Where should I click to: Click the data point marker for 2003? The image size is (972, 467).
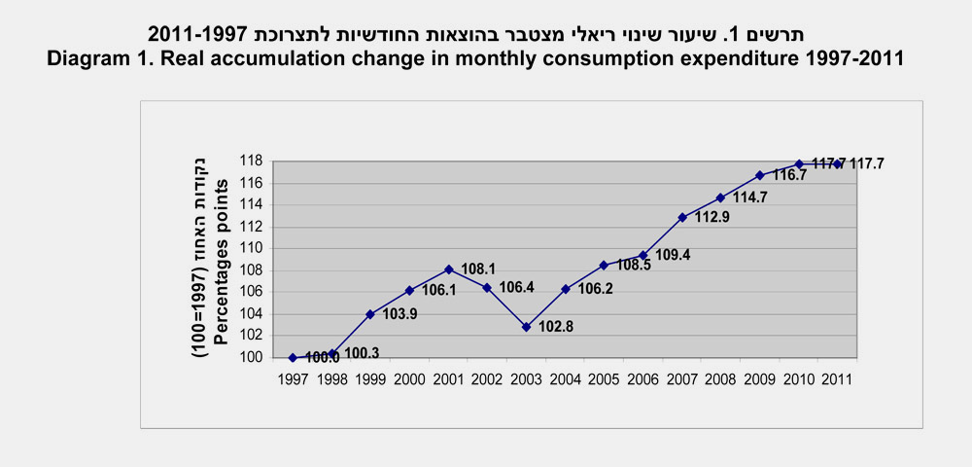(x=526, y=327)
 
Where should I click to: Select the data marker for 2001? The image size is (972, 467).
(x=448, y=269)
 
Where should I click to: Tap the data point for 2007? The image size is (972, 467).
(x=682, y=217)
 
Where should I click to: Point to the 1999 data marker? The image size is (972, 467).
(x=370, y=314)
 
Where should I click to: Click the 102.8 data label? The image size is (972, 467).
(x=557, y=327)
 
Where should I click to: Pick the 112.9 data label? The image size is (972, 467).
(x=712, y=217)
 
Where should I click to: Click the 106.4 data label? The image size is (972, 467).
(x=517, y=288)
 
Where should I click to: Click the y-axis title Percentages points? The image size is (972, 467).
(x=222, y=258)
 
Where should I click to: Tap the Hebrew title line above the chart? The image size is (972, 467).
(x=476, y=35)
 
